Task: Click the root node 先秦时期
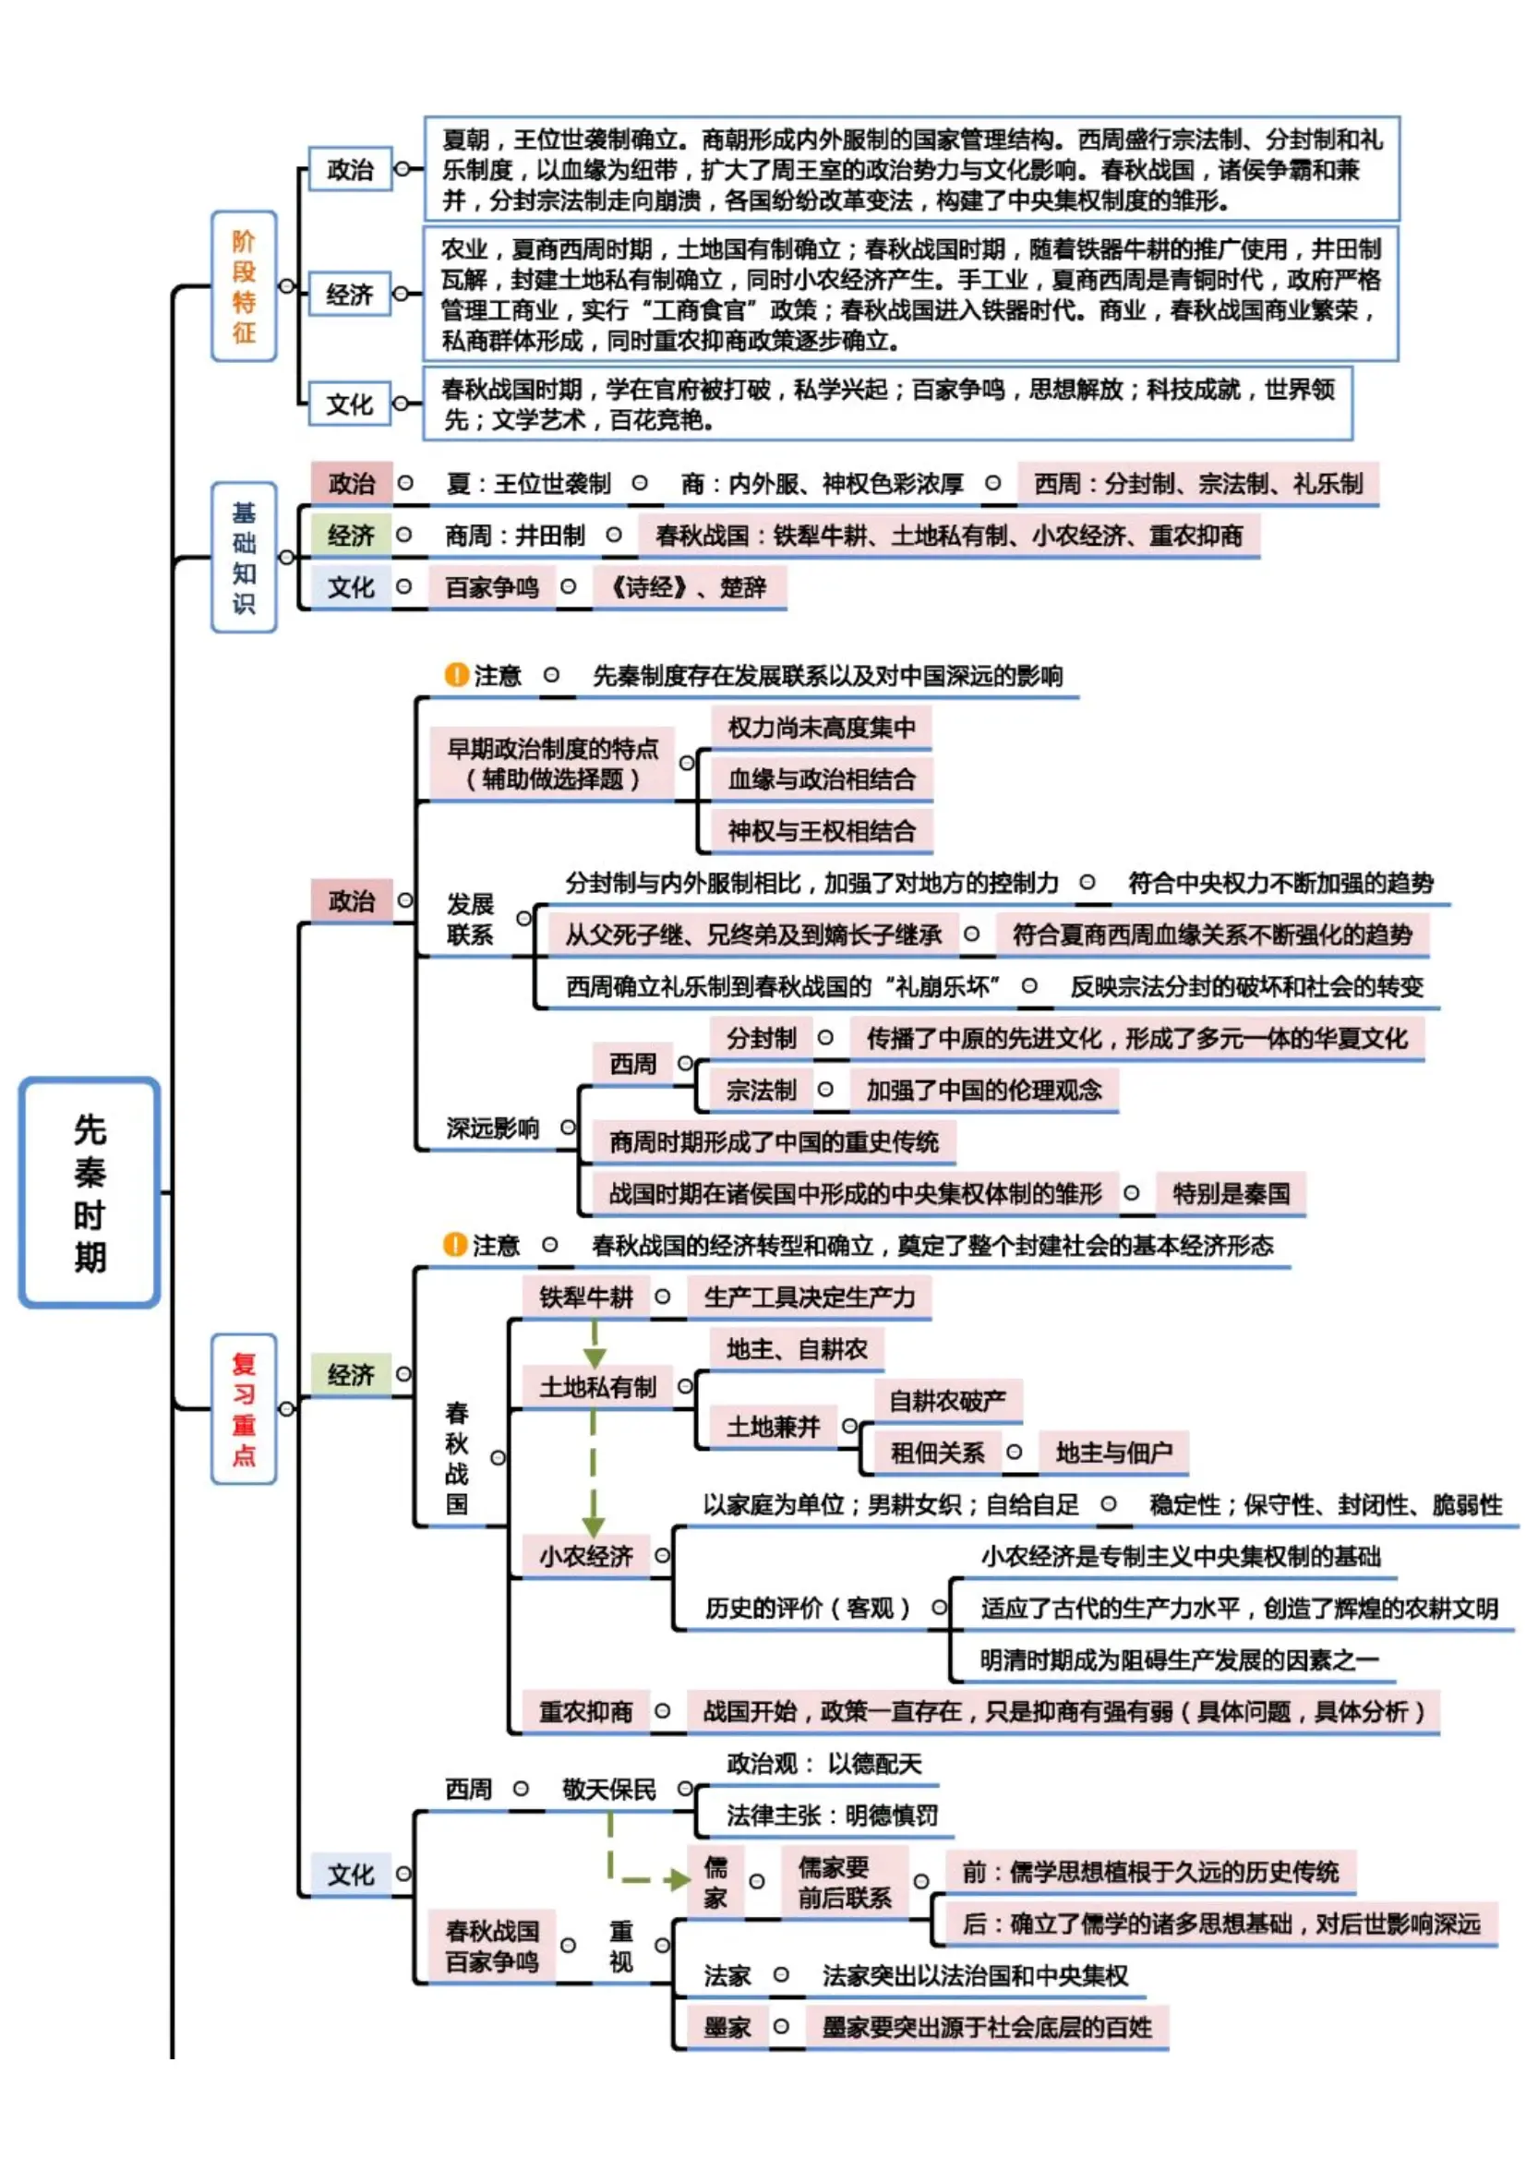(x=90, y=1191)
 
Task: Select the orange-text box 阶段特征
(x=244, y=286)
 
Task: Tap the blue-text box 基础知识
(x=244, y=557)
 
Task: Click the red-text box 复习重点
(x=244, y=1407)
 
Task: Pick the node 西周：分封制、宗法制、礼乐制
(x=1197, y=483)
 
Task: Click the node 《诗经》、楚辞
(x=689, y=586)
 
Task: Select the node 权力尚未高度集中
(x=820, y=727)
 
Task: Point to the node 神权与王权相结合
(x=820, y=830)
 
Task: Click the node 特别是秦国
(x=1230, y=1193)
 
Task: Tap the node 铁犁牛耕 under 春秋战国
(x=584, y=1297)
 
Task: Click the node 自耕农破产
(x=947, y=1401)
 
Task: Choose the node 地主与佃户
(x=1113, y=1453)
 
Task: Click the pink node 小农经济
(x=584, y=1556)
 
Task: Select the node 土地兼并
(x=772, y=1427)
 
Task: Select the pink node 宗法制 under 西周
(x=761, y=1090)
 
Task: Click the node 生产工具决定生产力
(x=809, y=1297)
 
